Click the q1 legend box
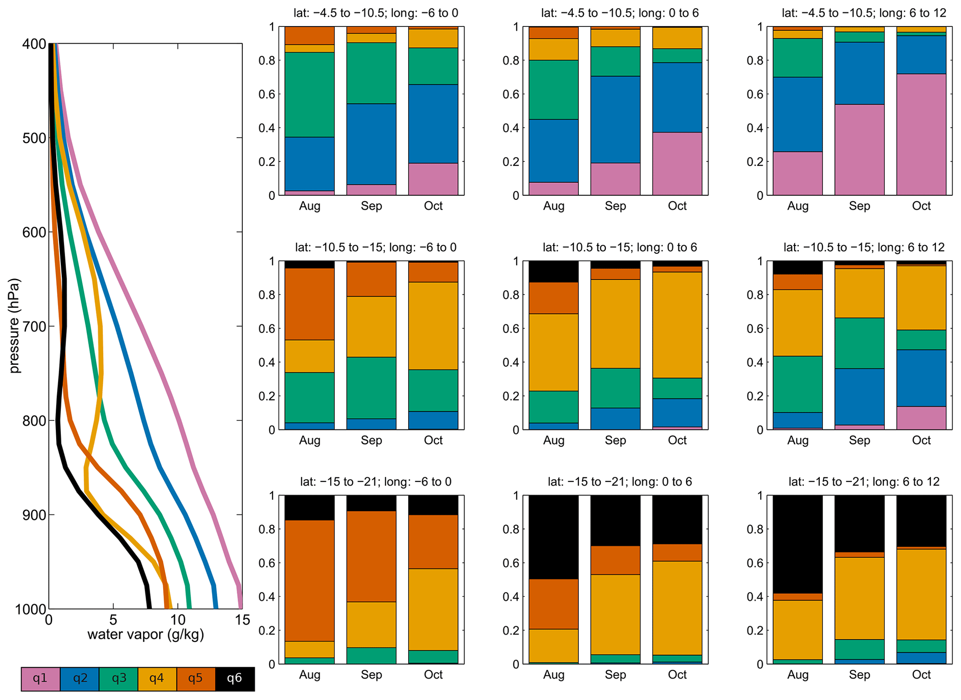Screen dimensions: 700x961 click(x=40, y=679)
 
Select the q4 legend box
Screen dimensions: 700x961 click(x=157, y=679)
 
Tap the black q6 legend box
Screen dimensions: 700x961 click(x=235, y=679)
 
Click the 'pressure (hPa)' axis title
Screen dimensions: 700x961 click(x=15, y=325)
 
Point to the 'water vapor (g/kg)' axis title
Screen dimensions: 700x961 click(x=146, y=634)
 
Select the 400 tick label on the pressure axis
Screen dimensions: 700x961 click(x=34, y=44)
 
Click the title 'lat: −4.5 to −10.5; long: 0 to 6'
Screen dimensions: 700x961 click(x=620, y=13)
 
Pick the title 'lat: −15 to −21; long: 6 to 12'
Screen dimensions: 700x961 click(x=864, y=482)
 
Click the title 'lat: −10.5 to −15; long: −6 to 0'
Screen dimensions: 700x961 click(x=376, y=247)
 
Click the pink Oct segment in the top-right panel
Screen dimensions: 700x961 click(x=921, y=135)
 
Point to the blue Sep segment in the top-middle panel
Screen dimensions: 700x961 click(x=615, y=119)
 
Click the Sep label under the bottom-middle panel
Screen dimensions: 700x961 click(x=615, y=674)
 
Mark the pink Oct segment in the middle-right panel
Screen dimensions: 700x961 click(x=921, y=418)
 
